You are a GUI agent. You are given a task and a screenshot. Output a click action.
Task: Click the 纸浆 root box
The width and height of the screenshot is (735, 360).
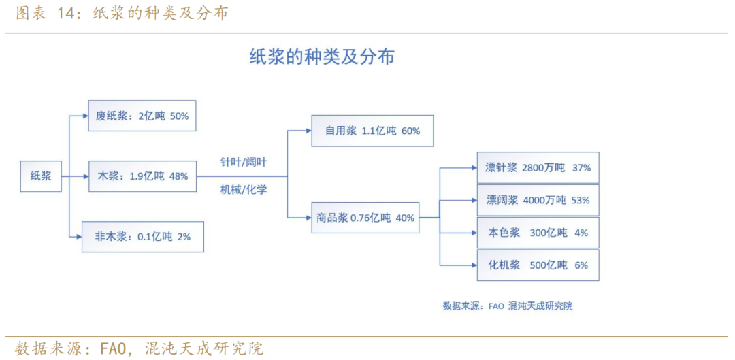click(x=40, y=177)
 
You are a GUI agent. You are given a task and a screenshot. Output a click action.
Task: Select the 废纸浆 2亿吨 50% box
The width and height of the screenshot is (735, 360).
click(x=142, y=116)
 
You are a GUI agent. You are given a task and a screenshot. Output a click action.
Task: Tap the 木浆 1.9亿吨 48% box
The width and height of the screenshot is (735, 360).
click(x=142, y=176)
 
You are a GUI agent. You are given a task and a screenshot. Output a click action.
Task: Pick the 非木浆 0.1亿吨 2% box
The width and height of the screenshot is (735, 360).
click(x=143, y=237)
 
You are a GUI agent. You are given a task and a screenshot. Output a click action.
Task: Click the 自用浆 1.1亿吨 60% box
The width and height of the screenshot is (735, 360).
click(x=373, y=131)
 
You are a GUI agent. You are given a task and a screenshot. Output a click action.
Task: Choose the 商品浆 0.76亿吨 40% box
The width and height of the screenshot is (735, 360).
click(x=365, y=218)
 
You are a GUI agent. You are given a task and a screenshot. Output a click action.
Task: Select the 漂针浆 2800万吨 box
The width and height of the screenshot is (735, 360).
click(x=538, y=167)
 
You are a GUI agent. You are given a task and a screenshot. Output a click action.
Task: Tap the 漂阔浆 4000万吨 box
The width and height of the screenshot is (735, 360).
click(x=538, y=200)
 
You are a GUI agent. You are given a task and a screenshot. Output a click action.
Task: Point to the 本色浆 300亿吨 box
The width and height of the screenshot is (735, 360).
click(x=538, y=233)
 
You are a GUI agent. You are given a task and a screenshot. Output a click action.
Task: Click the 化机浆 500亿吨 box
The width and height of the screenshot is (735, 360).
click(x=538, y=265)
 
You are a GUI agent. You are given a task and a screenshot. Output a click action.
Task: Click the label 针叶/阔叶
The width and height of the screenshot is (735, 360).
click(x=244, y=162)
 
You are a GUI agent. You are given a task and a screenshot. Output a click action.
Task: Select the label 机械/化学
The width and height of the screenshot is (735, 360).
click(x=244, y=191)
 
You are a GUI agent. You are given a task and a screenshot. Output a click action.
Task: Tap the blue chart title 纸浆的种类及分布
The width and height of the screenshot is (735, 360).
click(x=321, y=56)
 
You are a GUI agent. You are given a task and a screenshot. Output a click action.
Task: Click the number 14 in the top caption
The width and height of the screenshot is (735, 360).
click(x=65, y=14)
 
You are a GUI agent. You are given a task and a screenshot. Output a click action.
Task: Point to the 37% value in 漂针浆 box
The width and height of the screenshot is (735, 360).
click(x=581, y=167)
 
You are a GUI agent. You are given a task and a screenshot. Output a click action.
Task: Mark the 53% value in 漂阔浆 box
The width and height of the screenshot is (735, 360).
click(x=581, y=200)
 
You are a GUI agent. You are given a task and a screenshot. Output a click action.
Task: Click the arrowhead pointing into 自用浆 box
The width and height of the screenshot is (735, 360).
click(x=308, y=131)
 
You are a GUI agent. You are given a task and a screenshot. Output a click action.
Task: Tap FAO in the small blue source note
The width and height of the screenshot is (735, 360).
click(x=496, y=306)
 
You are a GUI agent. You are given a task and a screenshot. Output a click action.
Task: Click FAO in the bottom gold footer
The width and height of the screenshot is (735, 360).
click(x=114, y=348)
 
